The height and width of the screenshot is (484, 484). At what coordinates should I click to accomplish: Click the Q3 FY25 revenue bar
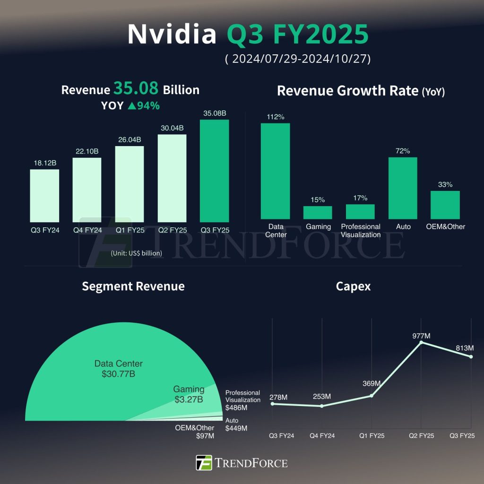click(x=214, y=171)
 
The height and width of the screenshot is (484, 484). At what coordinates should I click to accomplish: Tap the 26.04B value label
click(x=129, y=139)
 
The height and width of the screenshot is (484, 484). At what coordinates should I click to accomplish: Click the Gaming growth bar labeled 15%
click(x=318, y=213)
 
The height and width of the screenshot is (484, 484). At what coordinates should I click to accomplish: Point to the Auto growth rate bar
click(x=403, y=188)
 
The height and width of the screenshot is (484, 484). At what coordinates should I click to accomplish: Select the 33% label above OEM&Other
click(x=445, y=184)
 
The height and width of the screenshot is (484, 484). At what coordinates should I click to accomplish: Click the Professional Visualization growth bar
click(x=360, y=212)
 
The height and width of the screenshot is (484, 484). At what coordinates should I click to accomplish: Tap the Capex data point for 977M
click(x=421, y=342)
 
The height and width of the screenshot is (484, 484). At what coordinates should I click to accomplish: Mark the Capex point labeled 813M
click(x=471, y=357)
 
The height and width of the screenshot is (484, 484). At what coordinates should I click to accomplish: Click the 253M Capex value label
click(x=322, y=396)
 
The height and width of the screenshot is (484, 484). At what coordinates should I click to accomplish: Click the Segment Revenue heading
click(x=133, y=286)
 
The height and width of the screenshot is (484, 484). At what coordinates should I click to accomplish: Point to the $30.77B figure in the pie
click(x=118, y=374)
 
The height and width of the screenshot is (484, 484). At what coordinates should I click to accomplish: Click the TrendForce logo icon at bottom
click(x=204, y=463)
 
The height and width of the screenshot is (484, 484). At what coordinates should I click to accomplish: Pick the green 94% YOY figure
click(x=144, y=105)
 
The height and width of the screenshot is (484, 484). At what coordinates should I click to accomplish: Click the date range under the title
click(x=297, y=60)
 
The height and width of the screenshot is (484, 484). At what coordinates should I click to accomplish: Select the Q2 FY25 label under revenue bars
click(x=172, y=230)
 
